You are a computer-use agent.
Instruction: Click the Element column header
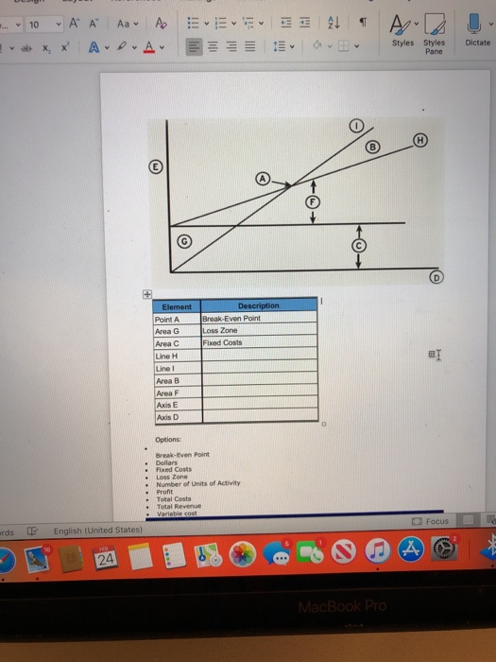pos(177,306)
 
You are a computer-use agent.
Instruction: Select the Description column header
pos(258,306)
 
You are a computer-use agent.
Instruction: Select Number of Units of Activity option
pos(197,482)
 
